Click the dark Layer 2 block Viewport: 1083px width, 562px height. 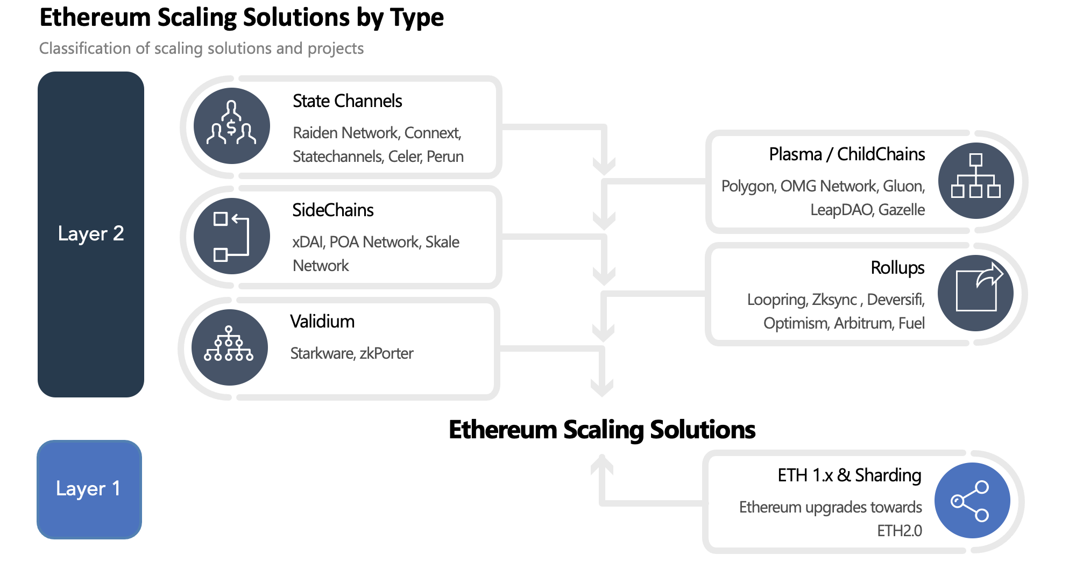[x=90, y=234]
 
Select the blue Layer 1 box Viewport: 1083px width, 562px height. [x=89, y=489]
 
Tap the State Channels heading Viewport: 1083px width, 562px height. [x=347, y=101]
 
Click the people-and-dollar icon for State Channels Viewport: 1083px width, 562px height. [x=231, y=126]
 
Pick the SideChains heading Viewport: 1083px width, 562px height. [x=332, y=210]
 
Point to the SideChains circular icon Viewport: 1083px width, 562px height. [x=231, y=236]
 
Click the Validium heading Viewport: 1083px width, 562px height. [x=322, y=322]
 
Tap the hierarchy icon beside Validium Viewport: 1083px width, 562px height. [x=229, y=347]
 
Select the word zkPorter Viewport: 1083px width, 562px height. [x=386, y=353]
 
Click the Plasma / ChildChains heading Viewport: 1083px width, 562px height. [x=847, y=154]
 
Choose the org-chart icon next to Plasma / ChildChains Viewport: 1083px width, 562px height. [x=975, y=180]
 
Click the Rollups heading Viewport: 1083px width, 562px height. [x=897, y=268]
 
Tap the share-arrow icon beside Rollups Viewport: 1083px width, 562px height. [x=975, y=293]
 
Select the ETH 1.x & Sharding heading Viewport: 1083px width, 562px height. [x=849, y=475]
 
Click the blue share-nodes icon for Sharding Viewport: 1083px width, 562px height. [x=972, y=500]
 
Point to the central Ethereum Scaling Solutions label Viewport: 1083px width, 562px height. [x=602, y=430]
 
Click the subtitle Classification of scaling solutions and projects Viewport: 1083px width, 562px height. [x=201, y=48]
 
